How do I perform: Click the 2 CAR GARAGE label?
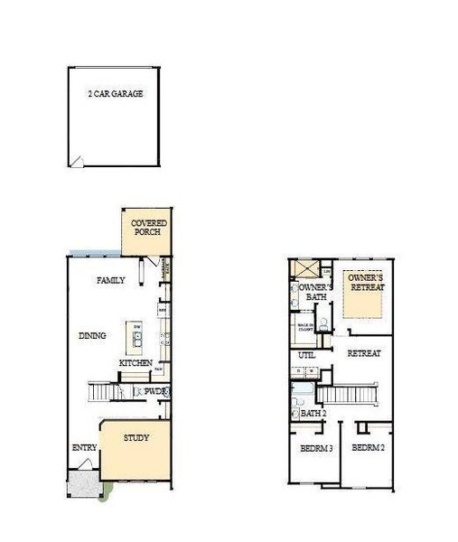coord(116,93)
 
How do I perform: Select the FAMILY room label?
coord(110,281)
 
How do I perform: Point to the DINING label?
coord(92,336)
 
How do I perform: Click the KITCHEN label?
coord(135,364)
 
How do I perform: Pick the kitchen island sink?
coord(136,340)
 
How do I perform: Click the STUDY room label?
coord(137,439)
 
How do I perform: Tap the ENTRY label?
coord(84,449)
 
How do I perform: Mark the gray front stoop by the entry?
coord(84,483)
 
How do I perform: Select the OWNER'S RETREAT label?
coord(367,283)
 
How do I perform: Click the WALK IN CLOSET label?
coord(307,329)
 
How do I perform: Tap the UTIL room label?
coord(306,355)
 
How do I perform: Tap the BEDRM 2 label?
coord(369,448)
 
